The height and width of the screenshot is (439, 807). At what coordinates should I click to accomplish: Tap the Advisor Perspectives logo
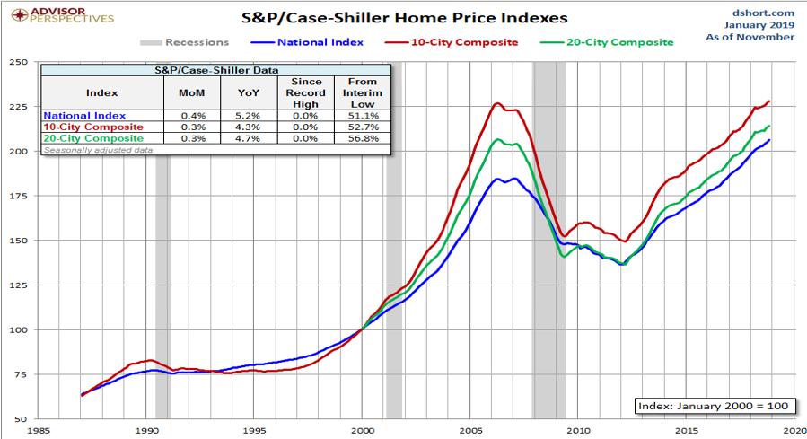[x=58, y=14]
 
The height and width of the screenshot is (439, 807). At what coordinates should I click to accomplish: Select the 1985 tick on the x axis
[x=39, y=431]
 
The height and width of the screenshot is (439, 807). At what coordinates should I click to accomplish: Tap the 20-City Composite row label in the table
[x=93, y=138]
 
